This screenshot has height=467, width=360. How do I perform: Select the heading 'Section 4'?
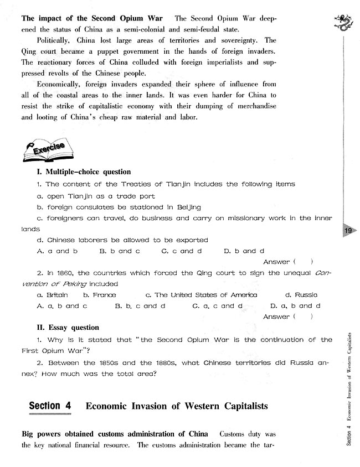click(x=50, y=406)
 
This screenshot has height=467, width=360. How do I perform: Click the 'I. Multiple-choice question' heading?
click(x=83, y=172)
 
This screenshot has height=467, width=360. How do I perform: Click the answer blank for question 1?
click(x=304, y=262)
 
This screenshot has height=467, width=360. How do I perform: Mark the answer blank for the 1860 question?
click(x=304, y=316)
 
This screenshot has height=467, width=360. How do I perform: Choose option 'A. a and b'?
click(x=56, y=251)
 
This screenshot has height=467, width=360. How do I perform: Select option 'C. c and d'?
click(x=182, y=251)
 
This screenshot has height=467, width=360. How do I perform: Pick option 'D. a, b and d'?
click(x=295, y=306)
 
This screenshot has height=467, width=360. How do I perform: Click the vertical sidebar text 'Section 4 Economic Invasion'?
click(x=349, y=387)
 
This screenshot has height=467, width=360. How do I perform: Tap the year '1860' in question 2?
click(x=64, y=273)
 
